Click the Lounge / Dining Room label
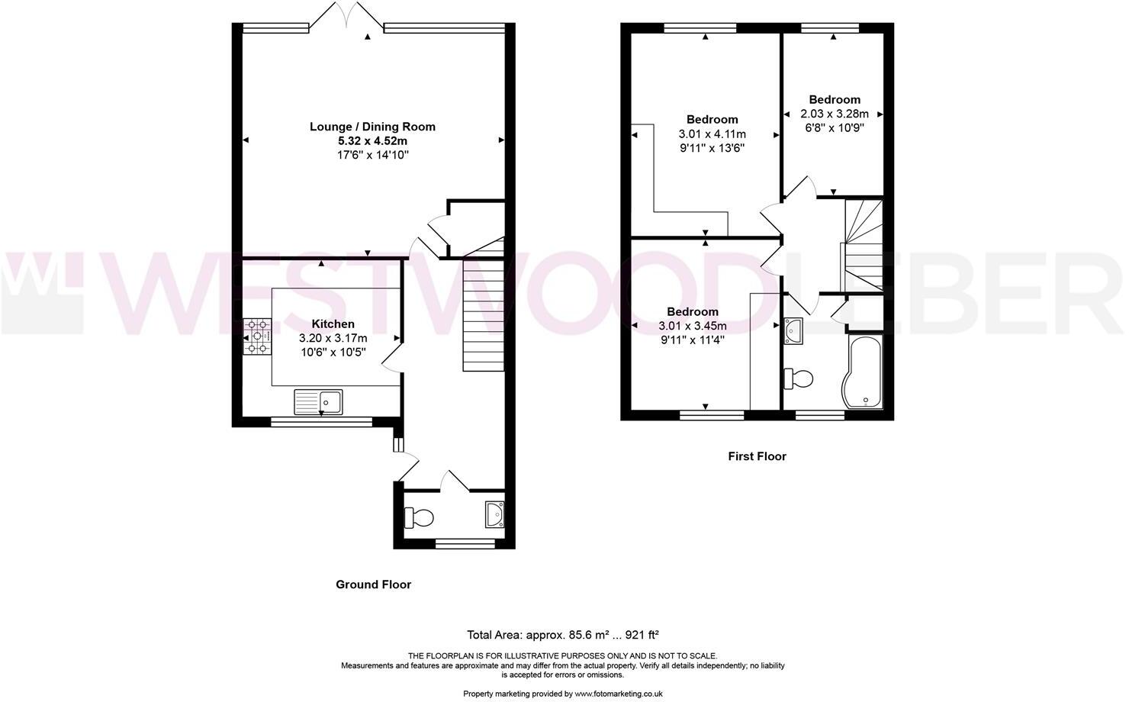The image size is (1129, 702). click(x=372, y=127)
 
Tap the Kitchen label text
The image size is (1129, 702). click(x=333, y=324)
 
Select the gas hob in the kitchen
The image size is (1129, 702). click(x=258, y=337)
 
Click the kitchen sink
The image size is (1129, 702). click(x=319, y=401)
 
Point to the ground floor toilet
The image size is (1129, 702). click(x=419, y=518)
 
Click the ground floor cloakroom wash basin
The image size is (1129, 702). click(x=494, y=514)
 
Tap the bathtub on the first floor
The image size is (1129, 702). click(x=862, y=372)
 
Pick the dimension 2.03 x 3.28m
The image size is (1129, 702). click(x=835, y=114)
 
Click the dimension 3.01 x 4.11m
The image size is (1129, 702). click(x=712, y=134)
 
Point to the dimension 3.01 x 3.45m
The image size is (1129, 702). click(x=692, y=326)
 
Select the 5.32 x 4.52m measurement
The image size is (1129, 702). click(x=372, y=141)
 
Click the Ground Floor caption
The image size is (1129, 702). click(x=373, y=584)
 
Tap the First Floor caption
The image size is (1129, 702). click(x=757, y=456)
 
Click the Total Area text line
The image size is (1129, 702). click(x=562, y=634)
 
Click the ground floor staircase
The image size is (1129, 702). click(x=484, y=313)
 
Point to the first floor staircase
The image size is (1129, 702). click(x=862, y=244)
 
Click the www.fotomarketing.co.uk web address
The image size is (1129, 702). click(x=618, y=694)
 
